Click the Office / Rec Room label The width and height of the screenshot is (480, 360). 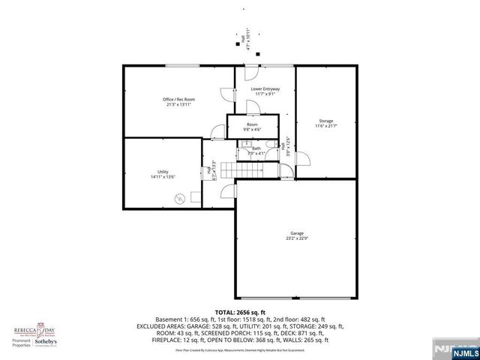pos(179,102)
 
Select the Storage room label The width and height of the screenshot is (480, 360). pos(325,123)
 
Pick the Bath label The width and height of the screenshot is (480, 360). pos(256,151)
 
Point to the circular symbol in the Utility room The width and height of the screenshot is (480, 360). pos(180,199)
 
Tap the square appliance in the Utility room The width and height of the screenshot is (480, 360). pos(195,197)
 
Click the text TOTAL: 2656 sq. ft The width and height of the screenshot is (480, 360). pos(240,311)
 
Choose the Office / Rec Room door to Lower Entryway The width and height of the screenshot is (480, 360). pos(226,94)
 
